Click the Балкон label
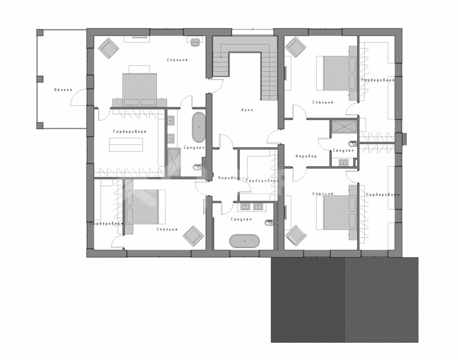point(63,90)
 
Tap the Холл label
point(247,110)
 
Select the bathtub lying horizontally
point(244,241)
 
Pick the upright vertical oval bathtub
point(199,127)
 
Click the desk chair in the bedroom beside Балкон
point(195,42)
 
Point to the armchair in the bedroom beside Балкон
point(108,47)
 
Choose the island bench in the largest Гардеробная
point(126,145)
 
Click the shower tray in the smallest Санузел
point(344,126)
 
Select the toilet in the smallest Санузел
point(353,143)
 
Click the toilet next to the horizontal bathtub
point(269,223)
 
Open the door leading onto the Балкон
point(78,98)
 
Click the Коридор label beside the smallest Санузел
point(306,156)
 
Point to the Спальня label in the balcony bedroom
point(177,60)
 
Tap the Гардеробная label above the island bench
point(129,132)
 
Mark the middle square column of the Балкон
point(40,79)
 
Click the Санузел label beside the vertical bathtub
point(194,148)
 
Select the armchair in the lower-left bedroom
point(193,236)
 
